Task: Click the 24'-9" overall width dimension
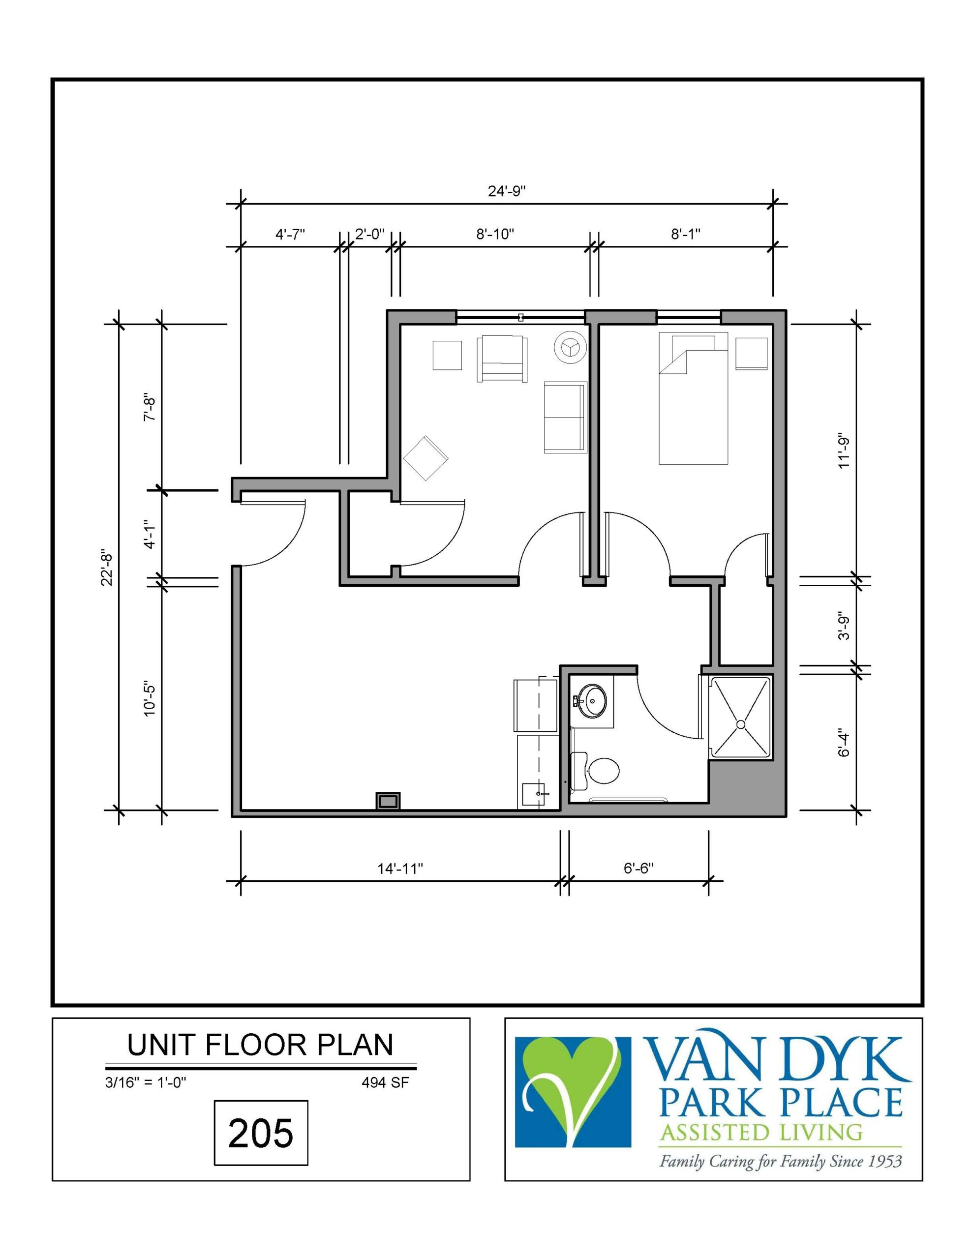pyautogui.click(x=506, y=191)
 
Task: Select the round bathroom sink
pyautogui.click(x=593, y=701)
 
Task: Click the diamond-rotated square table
pyautogui.click(x=426, y=458)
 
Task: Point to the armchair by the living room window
pyautogui.click(x=502, y=359)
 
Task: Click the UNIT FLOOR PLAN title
pyautogui.click(x=260, y=1045)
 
